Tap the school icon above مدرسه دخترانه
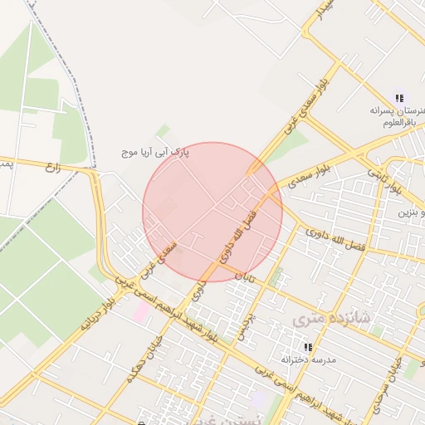307,346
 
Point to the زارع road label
55,167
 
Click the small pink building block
143,312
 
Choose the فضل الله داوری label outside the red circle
336,240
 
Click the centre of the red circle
212,212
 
